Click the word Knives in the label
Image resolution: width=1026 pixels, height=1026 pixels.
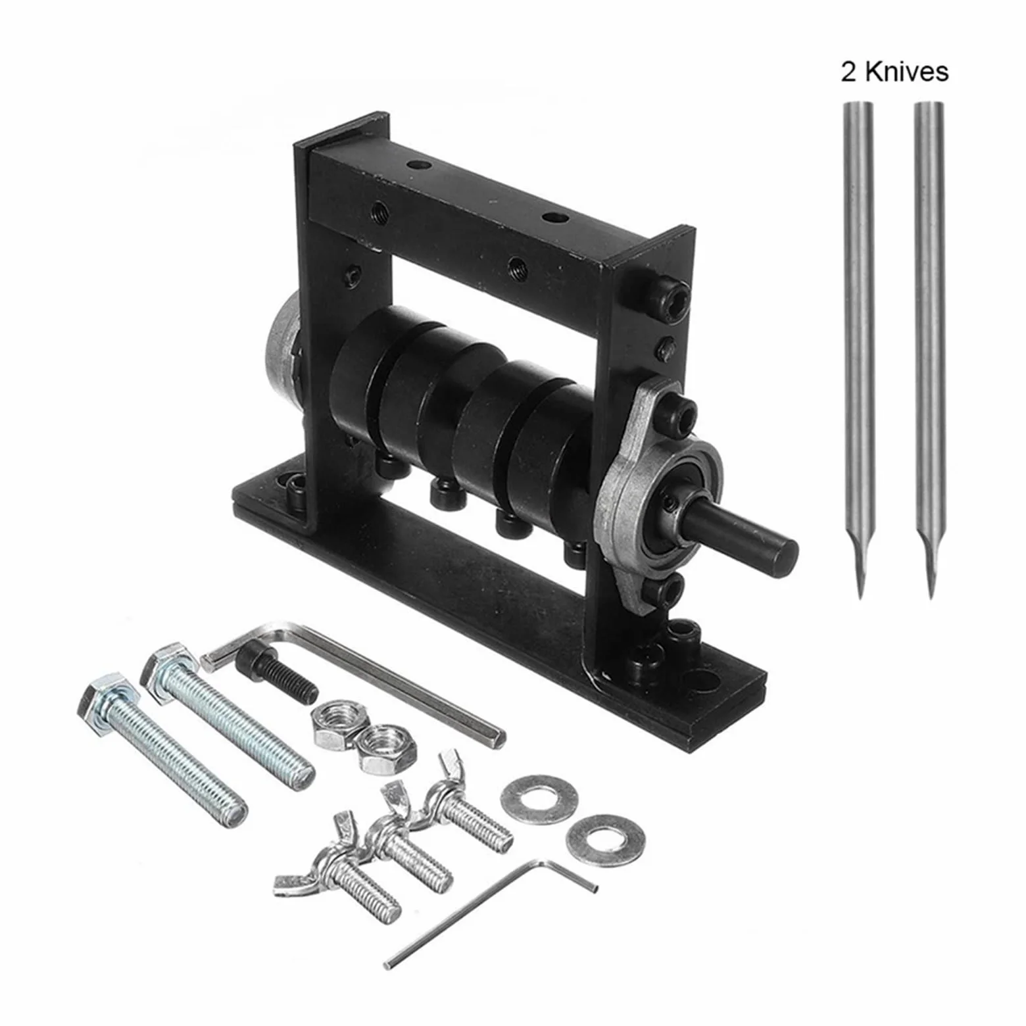tap(906, 71)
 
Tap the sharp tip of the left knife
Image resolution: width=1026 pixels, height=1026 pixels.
tap(860, 597)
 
